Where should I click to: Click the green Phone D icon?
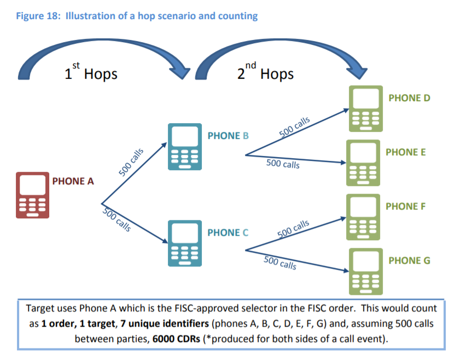click(364, 109)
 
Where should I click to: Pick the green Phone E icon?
click(364, 163)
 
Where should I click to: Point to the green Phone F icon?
click(364, 217)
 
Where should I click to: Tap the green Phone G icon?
click(365, 271)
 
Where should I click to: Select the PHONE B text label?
click(228, 136)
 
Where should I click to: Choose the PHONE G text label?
click(409, 260)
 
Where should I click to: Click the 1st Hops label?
click(91, 73)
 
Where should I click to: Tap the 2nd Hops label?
click(265, 73)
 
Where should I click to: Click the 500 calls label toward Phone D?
click(294, 127)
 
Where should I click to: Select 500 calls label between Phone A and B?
click(131, 161)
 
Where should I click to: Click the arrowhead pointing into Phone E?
click(344, 162)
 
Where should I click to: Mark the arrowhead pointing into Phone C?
click(163, 240)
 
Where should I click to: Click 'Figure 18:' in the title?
click(38, 15)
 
